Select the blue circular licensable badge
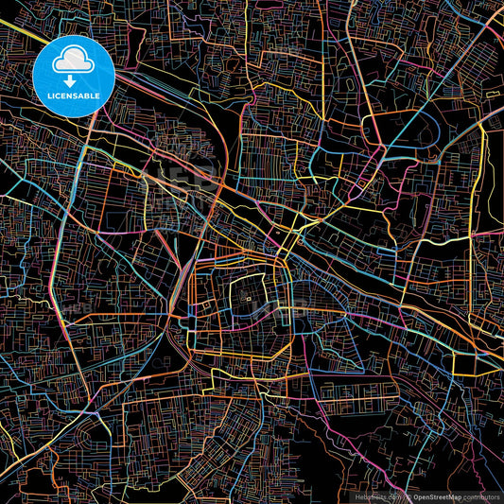click(72, 76)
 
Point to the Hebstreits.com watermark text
click(375, 496)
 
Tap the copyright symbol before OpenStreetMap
click(408, 496)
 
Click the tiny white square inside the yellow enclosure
click(249, 300)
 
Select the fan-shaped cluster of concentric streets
click(227, 463)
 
